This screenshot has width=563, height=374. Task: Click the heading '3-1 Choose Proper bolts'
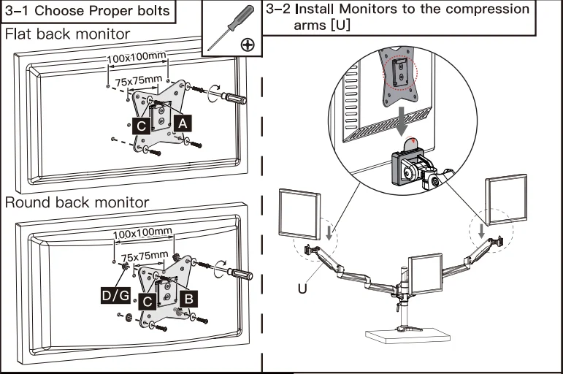tap(88, 11)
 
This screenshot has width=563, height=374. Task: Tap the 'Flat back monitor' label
tap(67, 34)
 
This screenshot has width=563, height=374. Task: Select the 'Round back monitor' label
tap(76, 202)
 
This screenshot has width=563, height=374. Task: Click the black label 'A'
tap(183, 125)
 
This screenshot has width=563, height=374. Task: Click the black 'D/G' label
tap(115, 295)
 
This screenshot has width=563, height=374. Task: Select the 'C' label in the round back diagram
tap(148, 300)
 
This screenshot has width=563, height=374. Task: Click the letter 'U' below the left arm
tap(302, 289)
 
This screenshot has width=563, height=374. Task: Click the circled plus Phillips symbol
tap(248, 45)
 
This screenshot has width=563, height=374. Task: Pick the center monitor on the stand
tap(426, 274)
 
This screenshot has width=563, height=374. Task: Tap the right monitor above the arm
tap(507, 197)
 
